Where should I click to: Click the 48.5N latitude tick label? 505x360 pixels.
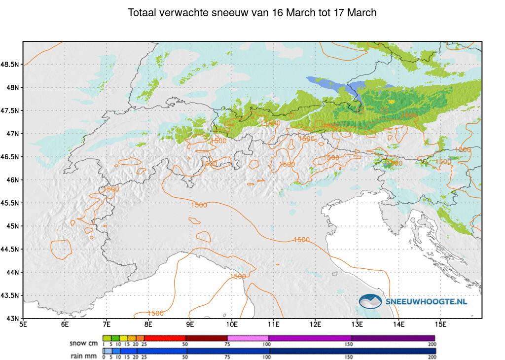click(10, 65)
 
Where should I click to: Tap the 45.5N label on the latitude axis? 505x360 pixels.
click(10, 203)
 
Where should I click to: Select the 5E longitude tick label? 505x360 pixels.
click(23, 324)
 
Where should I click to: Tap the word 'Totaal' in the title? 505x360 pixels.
click(144, 13)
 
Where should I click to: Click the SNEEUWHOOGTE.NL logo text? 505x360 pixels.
click(426, 301)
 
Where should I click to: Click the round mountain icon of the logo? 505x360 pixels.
click(370, 301)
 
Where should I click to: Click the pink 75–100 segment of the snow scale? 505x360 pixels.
click(248, 338)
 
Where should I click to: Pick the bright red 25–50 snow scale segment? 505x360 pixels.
click(164, 338)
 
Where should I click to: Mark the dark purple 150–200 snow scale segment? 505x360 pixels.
click(393, 338)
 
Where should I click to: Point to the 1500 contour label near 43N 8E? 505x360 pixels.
click(155, 313)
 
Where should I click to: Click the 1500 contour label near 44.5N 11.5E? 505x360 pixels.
click(301, 240)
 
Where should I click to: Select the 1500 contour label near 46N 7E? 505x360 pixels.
click(110, 189)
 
